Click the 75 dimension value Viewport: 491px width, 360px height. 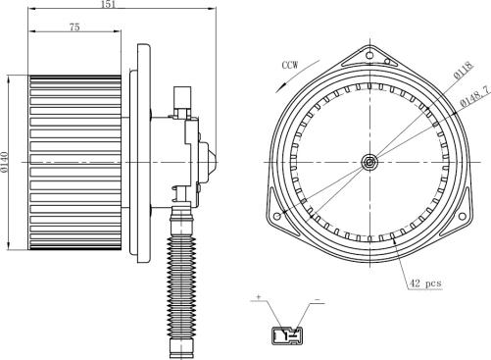tap(74, 26)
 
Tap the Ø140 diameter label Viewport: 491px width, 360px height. tap(4, 162)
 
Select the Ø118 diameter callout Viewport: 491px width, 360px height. tap(464, 71)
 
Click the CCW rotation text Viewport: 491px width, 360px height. tap(290, 65)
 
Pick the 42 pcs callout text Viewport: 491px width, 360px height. tap(425, 283)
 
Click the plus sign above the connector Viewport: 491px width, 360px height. tap(259, 297)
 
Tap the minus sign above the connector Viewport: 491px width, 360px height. tap(317, 299)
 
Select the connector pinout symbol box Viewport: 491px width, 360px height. tap(287, 335)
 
